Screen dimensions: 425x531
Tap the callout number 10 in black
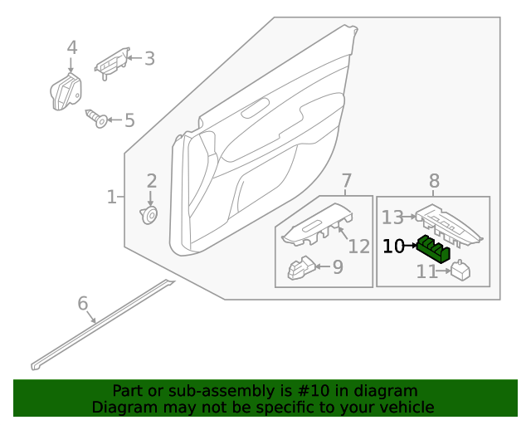click(x=393, y=247)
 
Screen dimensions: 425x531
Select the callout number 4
click(x=72, y=48)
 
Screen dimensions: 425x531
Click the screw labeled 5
click(x=98, y=119)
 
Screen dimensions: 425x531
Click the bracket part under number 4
click(x=66, y=90)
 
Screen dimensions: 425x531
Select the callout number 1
click(x=112, y=197)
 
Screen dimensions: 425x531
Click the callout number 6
click(x=82, y=304)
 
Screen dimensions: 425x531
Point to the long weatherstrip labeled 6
click(x=100, y=325)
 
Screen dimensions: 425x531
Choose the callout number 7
click(x=347, y=181)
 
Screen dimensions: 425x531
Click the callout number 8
click(x=434, y=181)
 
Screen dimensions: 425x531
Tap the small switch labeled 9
click(x=300, y=268)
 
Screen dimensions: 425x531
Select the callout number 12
click(x=358, y=247)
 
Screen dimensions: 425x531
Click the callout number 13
click(x=392, y=217)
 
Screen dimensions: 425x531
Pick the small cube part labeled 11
click(x=460, y=271)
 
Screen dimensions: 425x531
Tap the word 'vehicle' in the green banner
click(x=406, y=408)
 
